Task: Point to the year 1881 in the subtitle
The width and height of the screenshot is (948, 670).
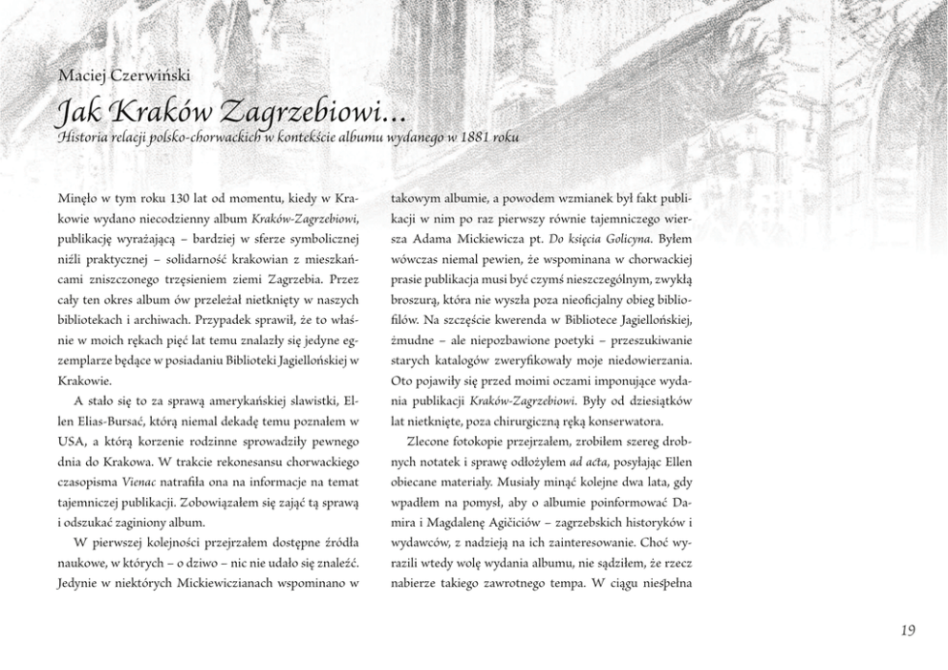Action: coord(475,138)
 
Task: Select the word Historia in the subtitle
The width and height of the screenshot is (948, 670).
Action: coord(84,138)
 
